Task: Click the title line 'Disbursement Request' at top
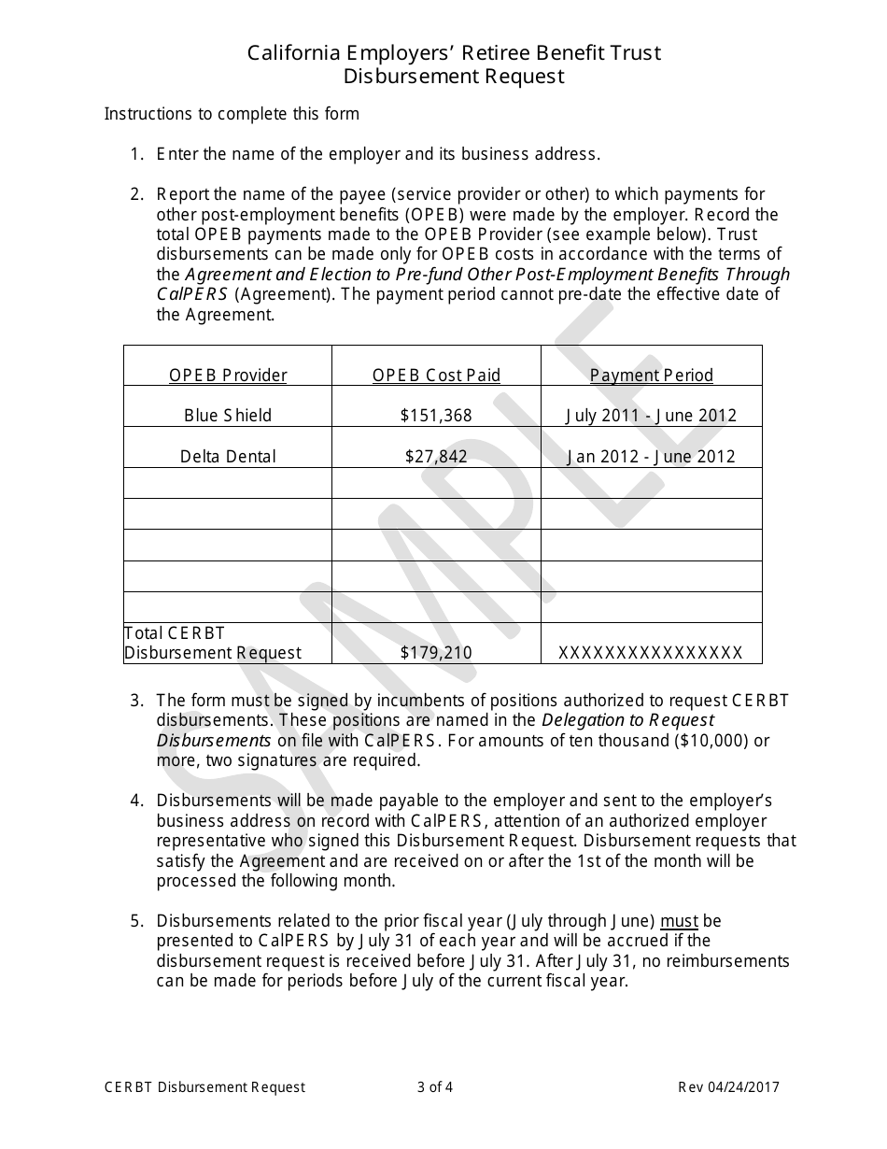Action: click(454, 77)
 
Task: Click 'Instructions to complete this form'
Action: click(232, 114)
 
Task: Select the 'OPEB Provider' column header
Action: click(228, 376)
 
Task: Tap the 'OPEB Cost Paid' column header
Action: click(436, 376)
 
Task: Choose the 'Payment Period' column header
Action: click(652, 376)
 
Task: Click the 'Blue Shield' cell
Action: click(228, 416)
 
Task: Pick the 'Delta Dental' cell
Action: click(228, 457)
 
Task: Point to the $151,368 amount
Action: click(436, 416)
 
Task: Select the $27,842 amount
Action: click(436, 457)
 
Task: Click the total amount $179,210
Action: click(436, 653)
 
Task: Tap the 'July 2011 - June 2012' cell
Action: click(652, 416)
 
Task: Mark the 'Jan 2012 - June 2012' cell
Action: click(652, 457)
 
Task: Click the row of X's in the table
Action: click(651, 653)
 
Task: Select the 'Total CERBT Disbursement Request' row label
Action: click(213, 643)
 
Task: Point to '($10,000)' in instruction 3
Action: click(713, 741)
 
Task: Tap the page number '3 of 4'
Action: click(435, 1086)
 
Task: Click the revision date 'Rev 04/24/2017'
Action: click(728, 1086)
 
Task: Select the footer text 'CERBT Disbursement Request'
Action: click(204, 1086)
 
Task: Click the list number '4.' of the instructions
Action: click(137, 801)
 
